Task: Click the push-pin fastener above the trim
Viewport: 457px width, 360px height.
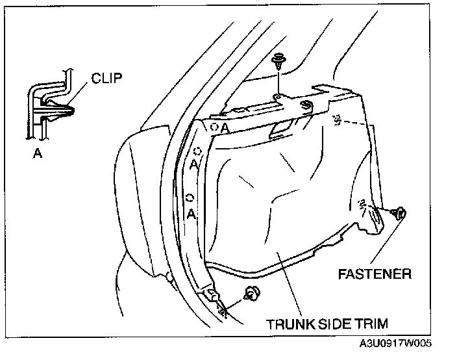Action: tap(278, 62)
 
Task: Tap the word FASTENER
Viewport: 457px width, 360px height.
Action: tap(374, 274)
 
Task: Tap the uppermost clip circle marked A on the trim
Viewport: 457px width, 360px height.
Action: tap(214, 127)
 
